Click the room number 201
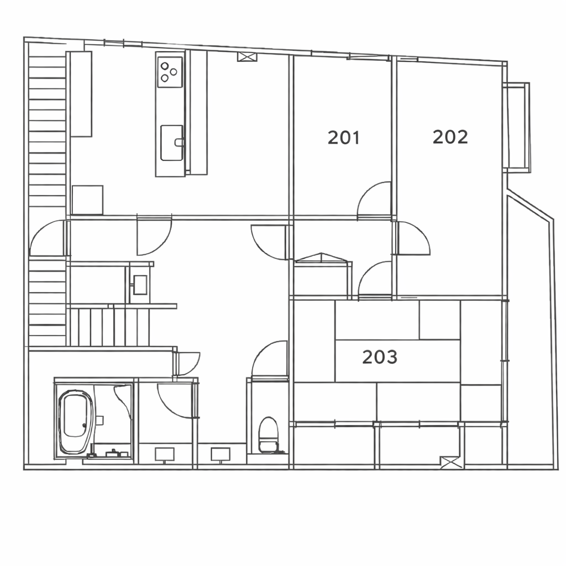pyautogui.click(x=344, y=138)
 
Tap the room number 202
pyautogui.click(x=450, y=137)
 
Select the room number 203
pyautogui.click(x=380, y=357)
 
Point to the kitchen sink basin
pyautogui.click(x=171, y=143)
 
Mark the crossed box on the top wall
pyautogui.click(x=247, y=57)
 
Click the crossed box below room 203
pyautogui.click(x=451, y=463)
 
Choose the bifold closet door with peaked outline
pyautogui.click(x=321, y=257)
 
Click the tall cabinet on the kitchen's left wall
pyautogui.click(x=81, y=94)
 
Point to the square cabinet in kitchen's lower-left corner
pyautogui.click(x=87, y=200)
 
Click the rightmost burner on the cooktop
pyautogui.click(x=174, y=72)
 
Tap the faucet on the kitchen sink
pyautogui.click(x=179, y=142)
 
